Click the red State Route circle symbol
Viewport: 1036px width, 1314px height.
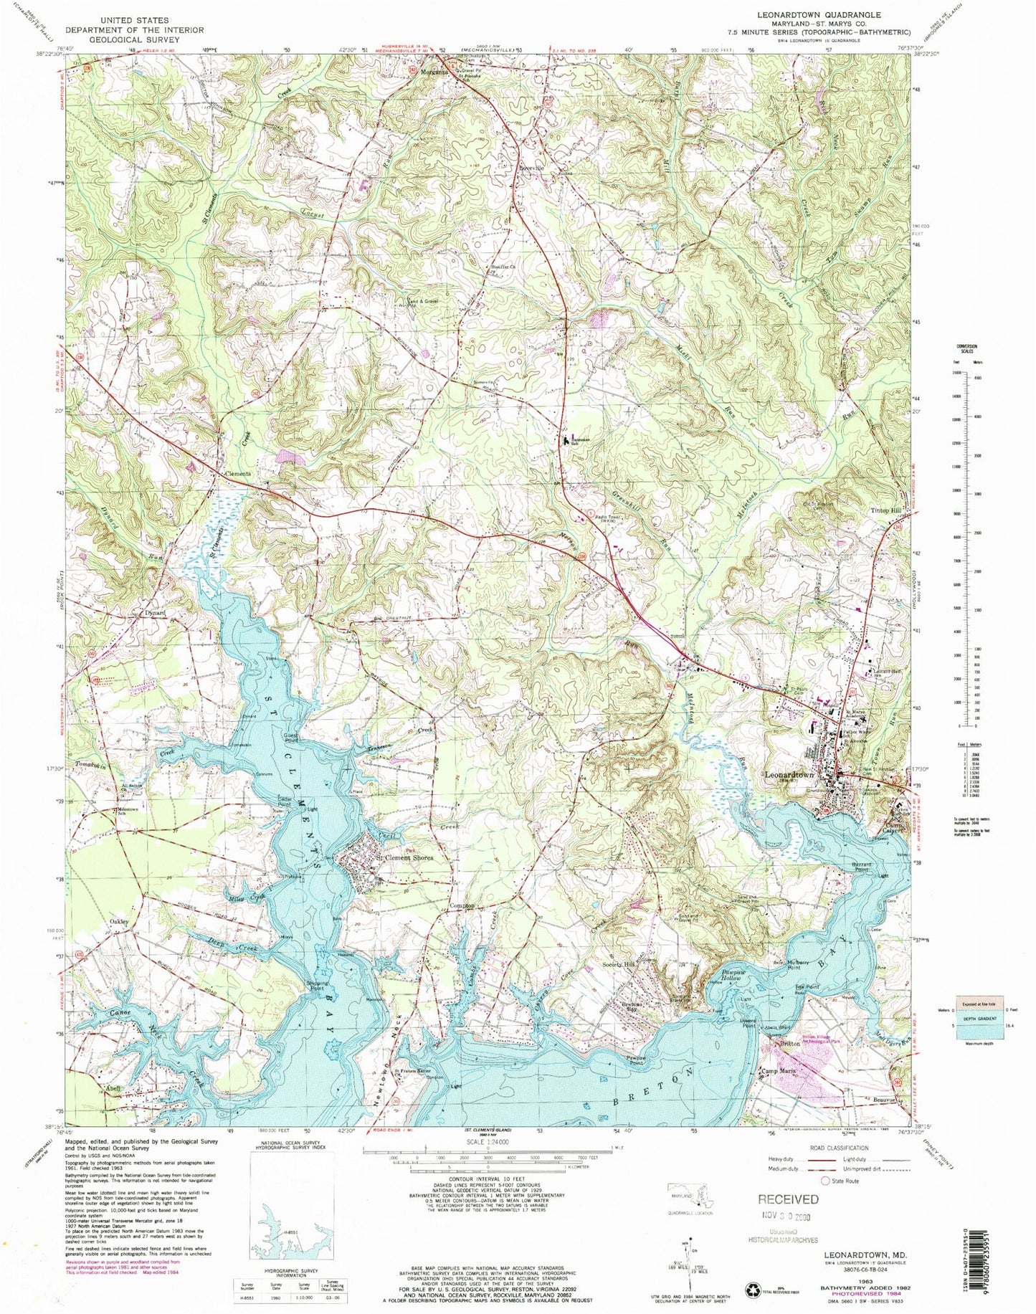(x=825, y=1180)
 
